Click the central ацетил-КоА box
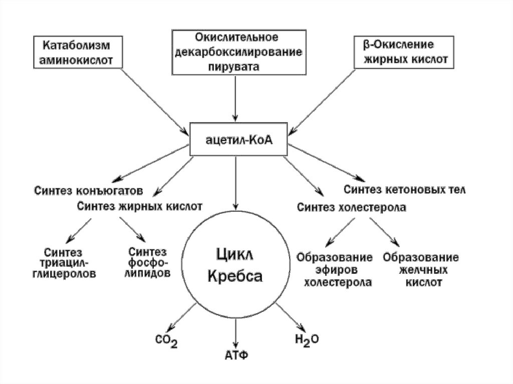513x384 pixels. click(x=237, y=141)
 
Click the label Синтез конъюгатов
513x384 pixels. click(x=89, y=191)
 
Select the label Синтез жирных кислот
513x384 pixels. click(x=140, y=206)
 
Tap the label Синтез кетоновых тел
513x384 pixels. click(x=405, y=190)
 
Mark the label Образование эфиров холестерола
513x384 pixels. click(x=335, y=270)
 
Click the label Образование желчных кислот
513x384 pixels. click(x=421, y=270)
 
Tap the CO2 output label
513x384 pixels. click(x=167, y=342)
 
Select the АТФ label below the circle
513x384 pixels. click(x=236, y=355)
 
